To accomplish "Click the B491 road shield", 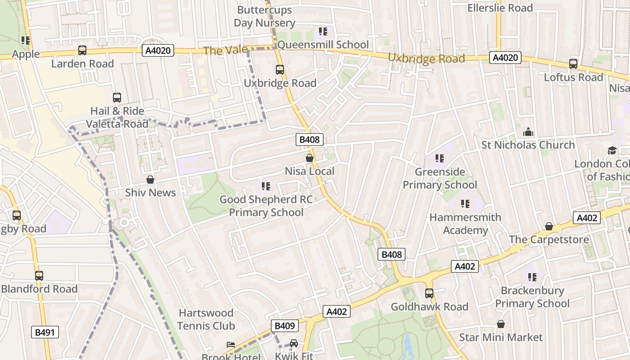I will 45,333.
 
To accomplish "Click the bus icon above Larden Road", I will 82,50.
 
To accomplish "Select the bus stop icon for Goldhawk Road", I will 429,293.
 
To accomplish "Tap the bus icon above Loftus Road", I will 573,64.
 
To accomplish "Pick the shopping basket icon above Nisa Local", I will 310,158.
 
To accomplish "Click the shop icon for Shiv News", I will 150,180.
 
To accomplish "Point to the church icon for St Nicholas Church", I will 528,132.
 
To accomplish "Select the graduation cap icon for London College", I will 612,150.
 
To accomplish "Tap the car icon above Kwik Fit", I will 293,343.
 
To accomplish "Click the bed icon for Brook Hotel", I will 230,345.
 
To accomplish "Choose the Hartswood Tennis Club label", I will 206,319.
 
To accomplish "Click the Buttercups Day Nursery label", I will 265,16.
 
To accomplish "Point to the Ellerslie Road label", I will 499,8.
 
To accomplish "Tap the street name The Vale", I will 225,50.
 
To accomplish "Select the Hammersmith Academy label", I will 465,224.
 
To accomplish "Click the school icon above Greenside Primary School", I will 440,158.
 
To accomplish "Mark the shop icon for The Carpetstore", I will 549,226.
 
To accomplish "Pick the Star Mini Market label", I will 500,337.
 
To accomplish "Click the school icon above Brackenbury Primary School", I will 532,277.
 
